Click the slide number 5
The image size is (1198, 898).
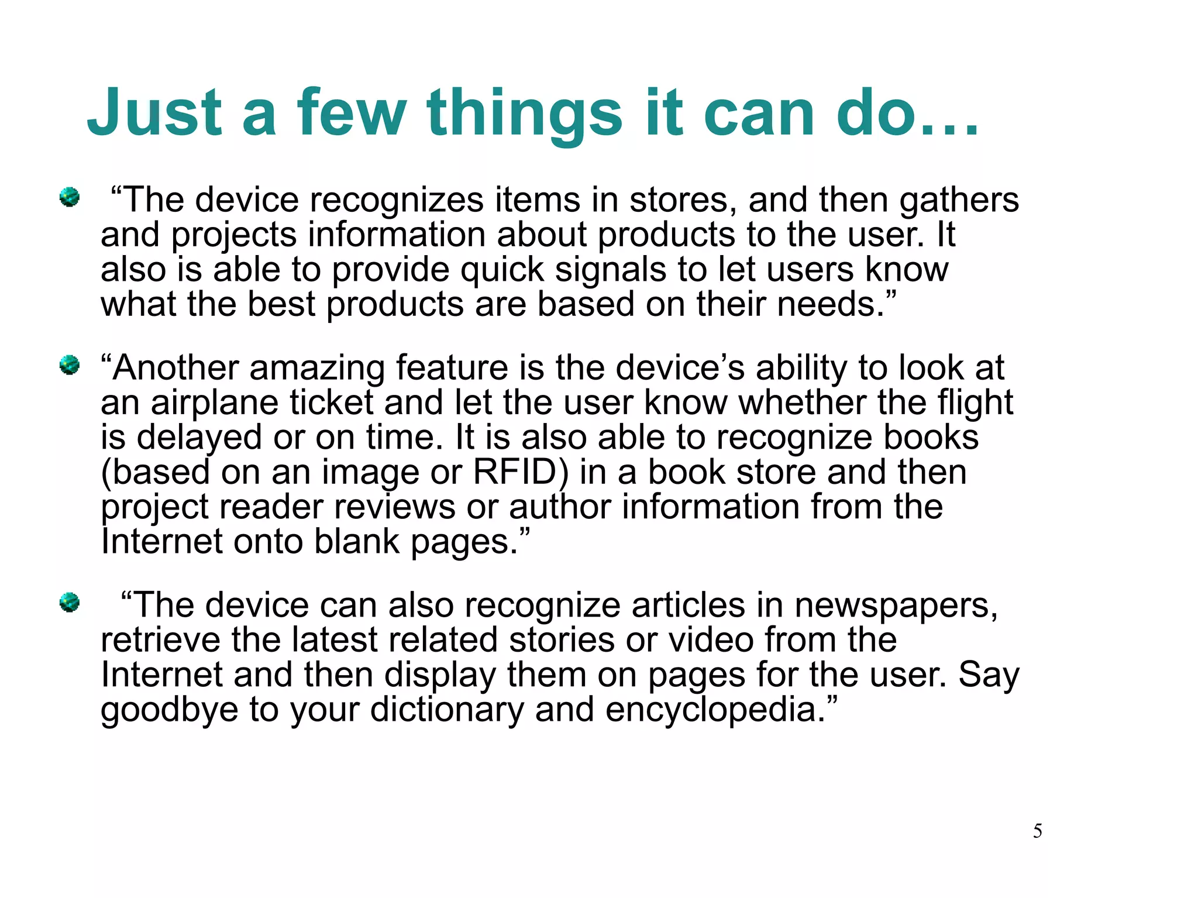(x=1037, y=831)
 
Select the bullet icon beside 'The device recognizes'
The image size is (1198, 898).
(x=69, y=197)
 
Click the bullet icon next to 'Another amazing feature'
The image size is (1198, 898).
(x=69, y=365)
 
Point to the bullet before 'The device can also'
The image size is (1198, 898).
(x=69, y=602)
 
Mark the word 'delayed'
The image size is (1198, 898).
(x=199, y=438)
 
